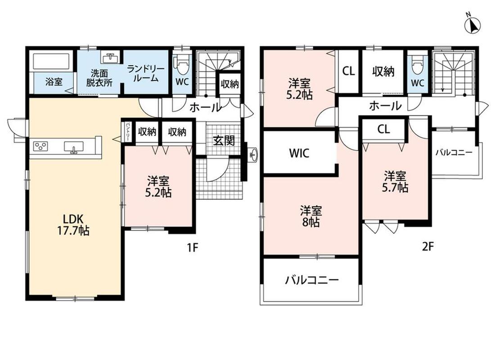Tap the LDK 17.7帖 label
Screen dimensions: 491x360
72,225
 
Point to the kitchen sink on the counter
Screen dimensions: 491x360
74,147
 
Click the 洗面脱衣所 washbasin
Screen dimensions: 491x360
110,58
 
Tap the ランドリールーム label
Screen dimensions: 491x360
144,73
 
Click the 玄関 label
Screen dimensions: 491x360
224,141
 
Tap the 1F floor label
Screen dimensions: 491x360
193,247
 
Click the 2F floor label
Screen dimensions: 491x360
427,247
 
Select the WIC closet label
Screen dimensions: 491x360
299,153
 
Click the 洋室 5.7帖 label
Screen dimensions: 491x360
395,181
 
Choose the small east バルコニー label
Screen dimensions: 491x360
454,153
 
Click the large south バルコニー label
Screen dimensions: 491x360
311,279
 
